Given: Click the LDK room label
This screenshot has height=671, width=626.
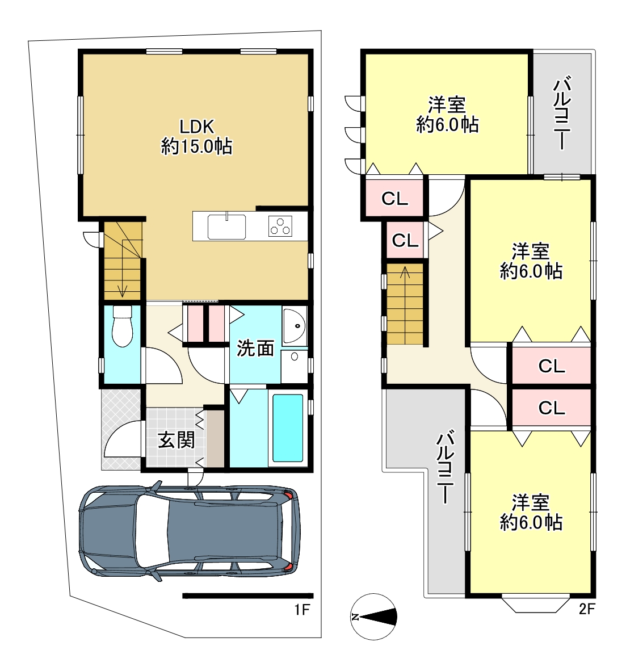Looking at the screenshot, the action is point(197,127).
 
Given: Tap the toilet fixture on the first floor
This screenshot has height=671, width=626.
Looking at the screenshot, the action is point(123,326).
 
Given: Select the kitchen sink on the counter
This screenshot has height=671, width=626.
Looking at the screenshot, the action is point(227,227).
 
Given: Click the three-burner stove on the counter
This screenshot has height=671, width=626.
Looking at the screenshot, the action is point(280,227).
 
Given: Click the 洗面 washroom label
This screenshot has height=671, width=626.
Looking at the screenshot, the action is point(255,349).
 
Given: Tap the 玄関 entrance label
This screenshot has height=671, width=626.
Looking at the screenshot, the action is point(177,441).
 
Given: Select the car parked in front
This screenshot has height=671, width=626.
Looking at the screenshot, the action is point(189,531).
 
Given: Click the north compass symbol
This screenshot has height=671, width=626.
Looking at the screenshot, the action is point(373,617).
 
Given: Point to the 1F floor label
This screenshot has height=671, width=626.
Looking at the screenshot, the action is point(302,610).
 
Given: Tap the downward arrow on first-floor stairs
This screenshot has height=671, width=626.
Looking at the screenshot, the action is point(123,265).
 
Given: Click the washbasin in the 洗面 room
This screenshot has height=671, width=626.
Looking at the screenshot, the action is point(295,326).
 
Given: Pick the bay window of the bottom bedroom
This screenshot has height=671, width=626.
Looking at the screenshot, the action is point(535,604).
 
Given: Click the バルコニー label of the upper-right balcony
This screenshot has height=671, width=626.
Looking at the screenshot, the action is point(562,113).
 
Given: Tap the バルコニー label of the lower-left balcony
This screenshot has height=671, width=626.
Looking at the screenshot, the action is point(445,467).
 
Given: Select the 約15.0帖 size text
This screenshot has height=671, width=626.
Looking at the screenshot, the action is point(197,147).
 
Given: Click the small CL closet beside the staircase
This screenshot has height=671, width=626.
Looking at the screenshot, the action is point(405,241).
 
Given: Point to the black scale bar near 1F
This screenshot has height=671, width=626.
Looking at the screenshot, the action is point(248,595).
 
